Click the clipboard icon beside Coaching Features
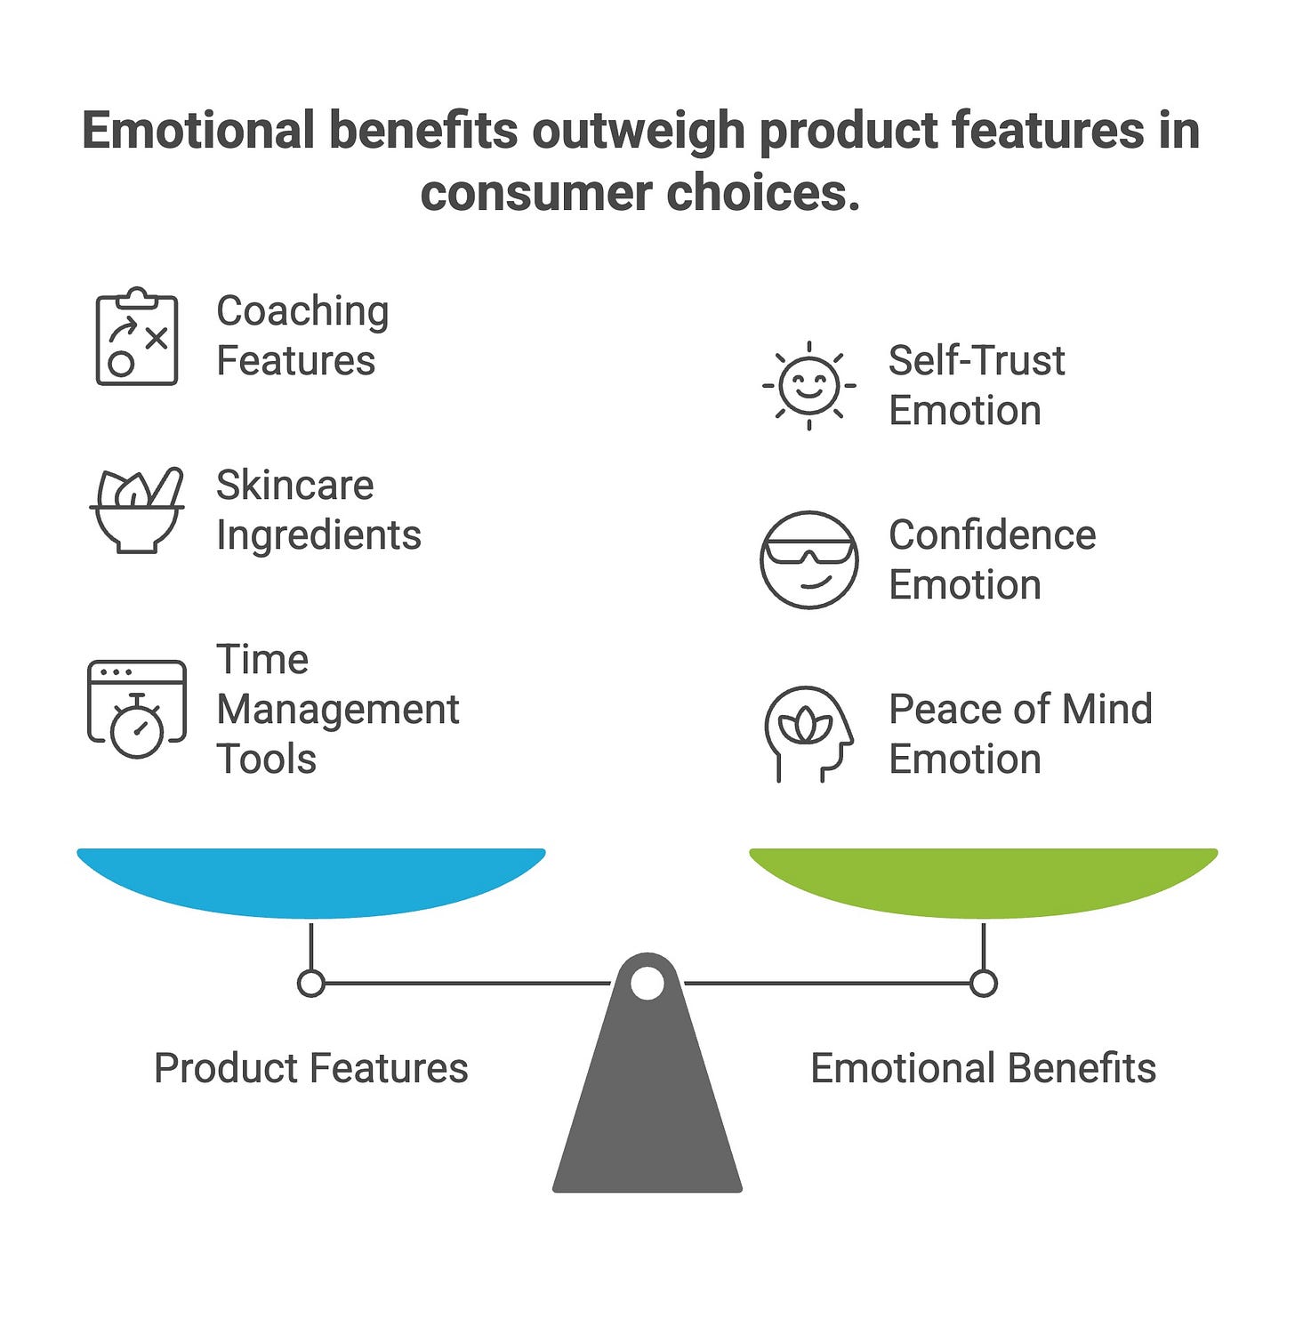[x=137, y=337]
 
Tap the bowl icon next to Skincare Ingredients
[x=137, y=510]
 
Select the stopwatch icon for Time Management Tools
[x=137, y=709]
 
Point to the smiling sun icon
[x=808, y=385]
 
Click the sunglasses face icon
[x=808, y=559]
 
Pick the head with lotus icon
[x=808, y=734]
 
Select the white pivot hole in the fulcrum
[x=647, y=984]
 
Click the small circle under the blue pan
[x=310, y=984]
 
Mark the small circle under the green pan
[x=983, y=984]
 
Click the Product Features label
[x=310, y=1068]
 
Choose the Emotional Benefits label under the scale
[x=983, y=1068]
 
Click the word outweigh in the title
[x=639, y=131]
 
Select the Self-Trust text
[x=976, y=361]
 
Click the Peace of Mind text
[x=1020, y=710]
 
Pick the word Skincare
[x=294, y=486]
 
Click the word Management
[x=337, y=710]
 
